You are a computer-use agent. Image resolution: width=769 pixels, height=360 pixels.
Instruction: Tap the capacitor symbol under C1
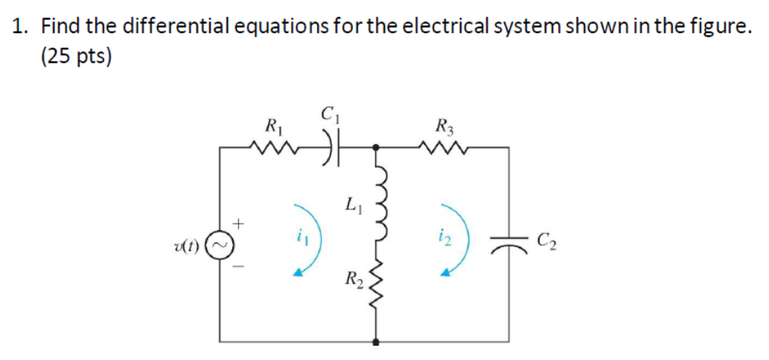pyautogui.click(x=327, y=147)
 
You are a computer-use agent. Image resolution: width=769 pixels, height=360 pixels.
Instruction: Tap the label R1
pyautogui.click(x=272, y=124)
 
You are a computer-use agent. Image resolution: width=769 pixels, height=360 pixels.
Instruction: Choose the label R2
pyautogui.click(x=352, y=279)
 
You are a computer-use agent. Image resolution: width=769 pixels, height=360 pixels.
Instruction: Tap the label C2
pyautogui.click(x=546, y=239)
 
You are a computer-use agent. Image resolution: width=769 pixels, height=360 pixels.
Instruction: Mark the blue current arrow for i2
pyautogui.click(x=457, y=240)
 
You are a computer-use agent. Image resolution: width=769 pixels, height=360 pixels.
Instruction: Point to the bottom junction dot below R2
pyautogui.click(x=376, y=343)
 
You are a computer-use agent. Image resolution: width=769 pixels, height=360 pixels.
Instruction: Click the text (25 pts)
pyautogui.click(x=77, y=59)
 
